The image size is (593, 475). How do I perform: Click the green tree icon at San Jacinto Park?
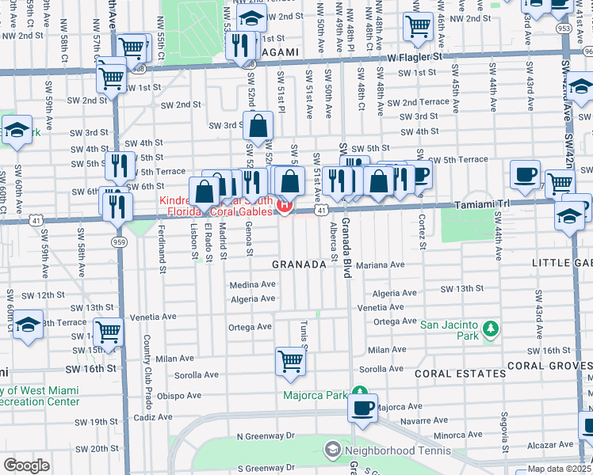point(491,327)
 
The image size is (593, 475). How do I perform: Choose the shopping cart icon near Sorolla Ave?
point(291,361)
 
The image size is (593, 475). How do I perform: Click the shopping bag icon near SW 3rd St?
point(259,125)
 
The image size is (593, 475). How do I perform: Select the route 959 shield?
point(119,241)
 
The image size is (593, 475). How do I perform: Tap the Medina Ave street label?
point(253,284)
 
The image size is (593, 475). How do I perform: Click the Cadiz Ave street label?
point(154,416)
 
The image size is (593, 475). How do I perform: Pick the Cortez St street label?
point(423,229)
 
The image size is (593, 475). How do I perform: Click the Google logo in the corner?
point(26,465)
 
